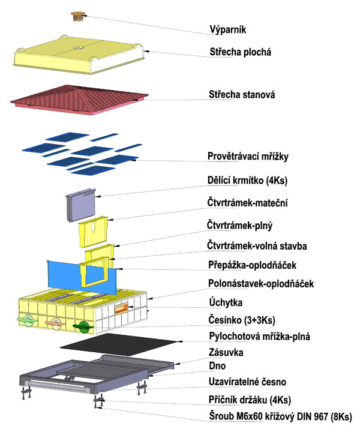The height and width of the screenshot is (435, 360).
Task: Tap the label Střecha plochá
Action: [240, 52]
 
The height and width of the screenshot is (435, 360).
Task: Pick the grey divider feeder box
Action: [80, 206]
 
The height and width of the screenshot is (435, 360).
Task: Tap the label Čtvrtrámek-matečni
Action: [253, 203]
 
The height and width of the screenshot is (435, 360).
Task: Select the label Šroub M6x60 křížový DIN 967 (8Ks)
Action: [280, 416]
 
